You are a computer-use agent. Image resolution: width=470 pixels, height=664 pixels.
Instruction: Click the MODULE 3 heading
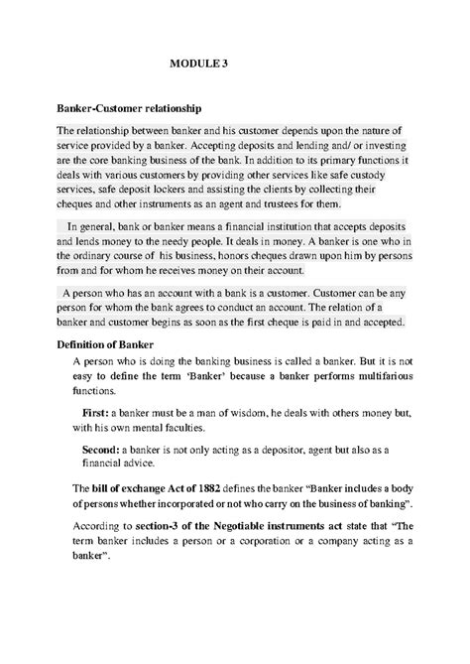click(198, 62)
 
